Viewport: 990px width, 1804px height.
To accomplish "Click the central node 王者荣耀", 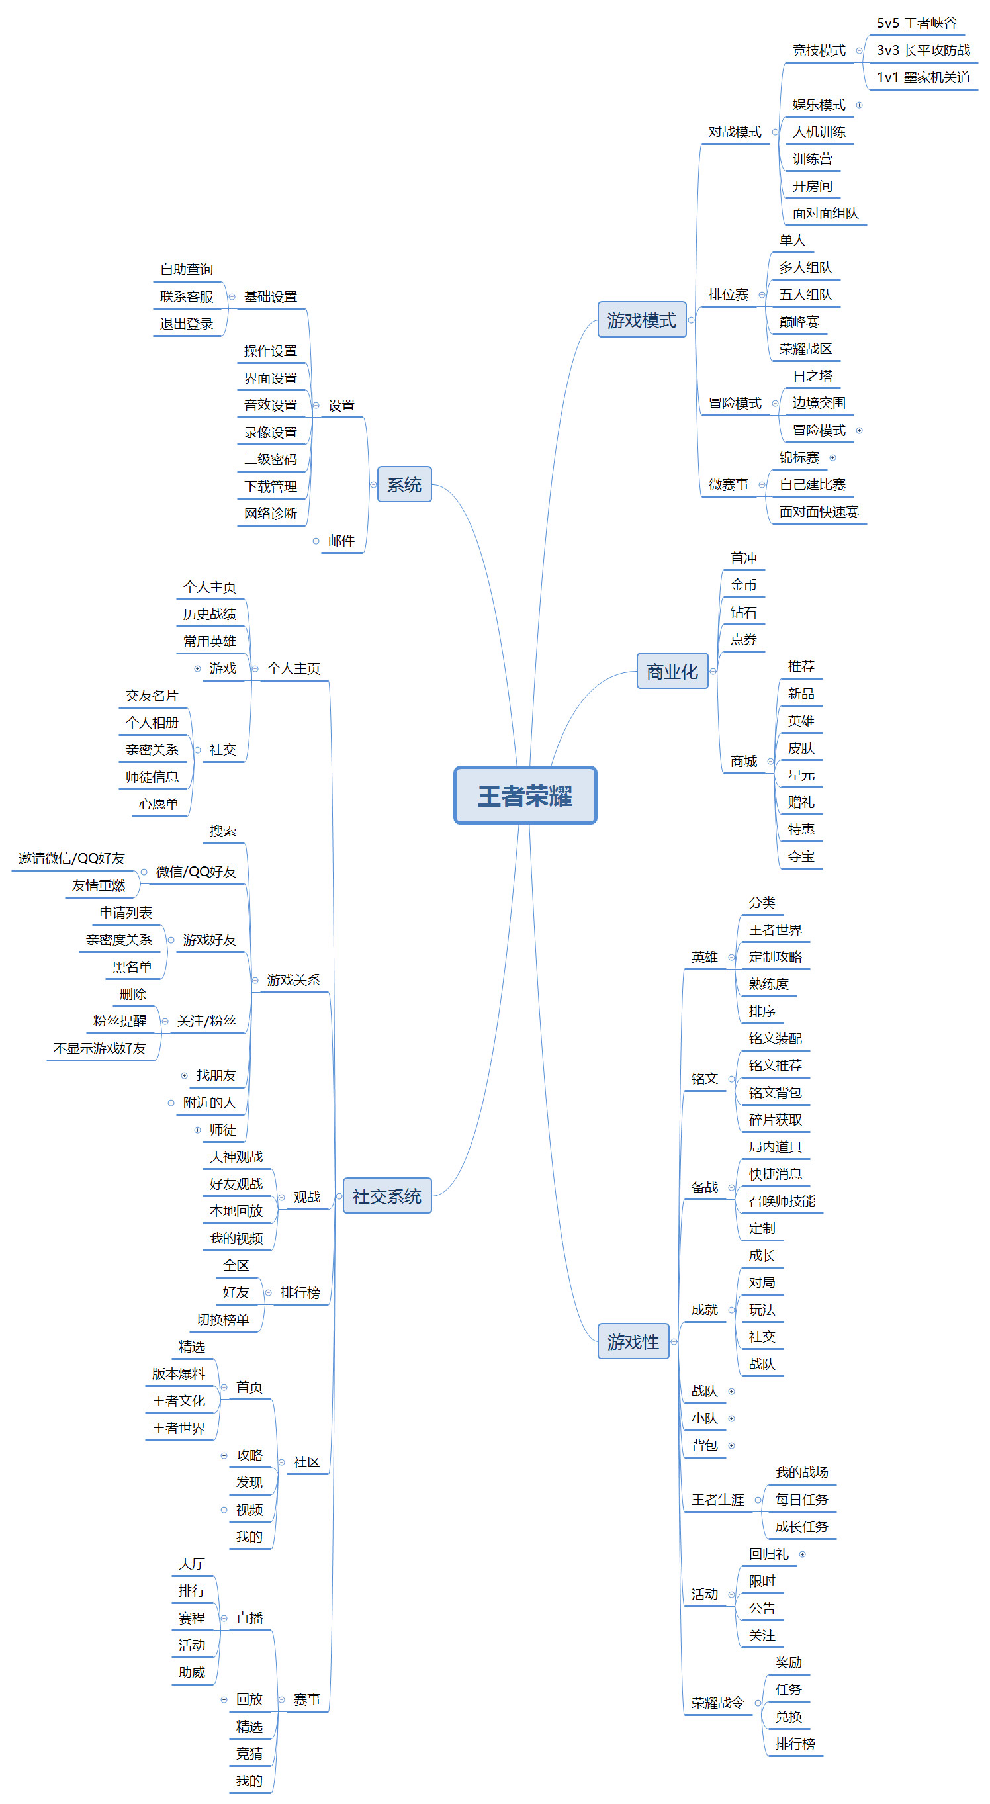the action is point(525,795).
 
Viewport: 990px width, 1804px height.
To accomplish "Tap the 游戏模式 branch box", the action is point(641,320).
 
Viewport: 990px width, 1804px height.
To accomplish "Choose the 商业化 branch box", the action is point(672,671).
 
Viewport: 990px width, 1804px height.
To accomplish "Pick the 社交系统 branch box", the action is point(387,1195).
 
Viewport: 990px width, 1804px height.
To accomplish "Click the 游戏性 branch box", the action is point(633,1341).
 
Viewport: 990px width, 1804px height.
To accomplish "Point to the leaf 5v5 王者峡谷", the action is point(917,23).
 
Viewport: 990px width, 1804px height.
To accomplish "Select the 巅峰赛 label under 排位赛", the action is point(799,322).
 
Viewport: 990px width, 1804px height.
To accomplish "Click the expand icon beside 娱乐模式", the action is point(859,105).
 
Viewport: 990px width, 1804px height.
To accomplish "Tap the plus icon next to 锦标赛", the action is point(832,457).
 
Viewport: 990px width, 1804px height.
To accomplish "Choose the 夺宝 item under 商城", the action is point(801,856).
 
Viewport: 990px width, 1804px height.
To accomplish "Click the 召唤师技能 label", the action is point(782,1201).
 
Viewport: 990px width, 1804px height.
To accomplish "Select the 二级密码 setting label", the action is point(270,459).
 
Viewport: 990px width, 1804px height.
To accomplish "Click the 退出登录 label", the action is point(186,324).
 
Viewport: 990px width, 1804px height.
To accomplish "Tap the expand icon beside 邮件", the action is point(316,541).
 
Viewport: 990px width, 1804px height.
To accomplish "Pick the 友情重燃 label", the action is point(98,885).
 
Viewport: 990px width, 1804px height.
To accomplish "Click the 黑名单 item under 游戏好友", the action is point(132,966).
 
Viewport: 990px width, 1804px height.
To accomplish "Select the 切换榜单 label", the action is point(222,1320).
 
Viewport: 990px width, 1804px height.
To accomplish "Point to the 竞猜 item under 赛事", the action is point(249,1754).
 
